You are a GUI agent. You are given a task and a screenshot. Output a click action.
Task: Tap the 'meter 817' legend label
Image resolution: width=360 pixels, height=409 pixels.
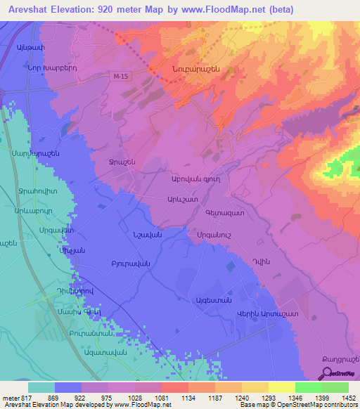[14, 398]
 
